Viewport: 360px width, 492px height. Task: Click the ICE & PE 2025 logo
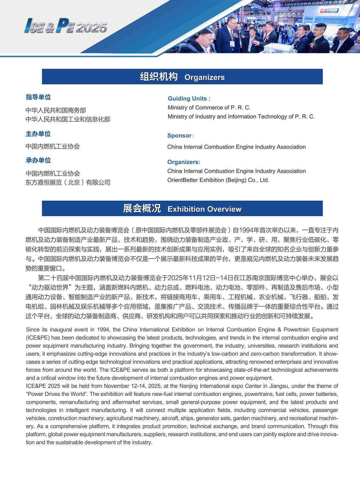pyautogui.click(x=66, y=26)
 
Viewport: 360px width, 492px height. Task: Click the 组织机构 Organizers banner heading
pyautogui.click(x=182, y=77)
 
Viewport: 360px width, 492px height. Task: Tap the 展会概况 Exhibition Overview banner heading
pyautogui.click(x=182, y=209)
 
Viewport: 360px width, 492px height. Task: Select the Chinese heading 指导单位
pyautogui.click(x=38, y=97)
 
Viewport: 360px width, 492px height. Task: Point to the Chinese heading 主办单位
pyautogui.click(x=38, y=134)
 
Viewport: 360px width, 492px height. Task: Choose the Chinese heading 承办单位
pyautogui.click(x=38, y=160)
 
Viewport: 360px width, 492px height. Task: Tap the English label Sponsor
pyautogui.click(x=179, y=136)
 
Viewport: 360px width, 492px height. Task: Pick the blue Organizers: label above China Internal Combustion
pyautogui.click(x=184, y=162)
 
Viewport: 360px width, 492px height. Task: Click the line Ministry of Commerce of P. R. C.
pyautogui.click(x=209, y=108)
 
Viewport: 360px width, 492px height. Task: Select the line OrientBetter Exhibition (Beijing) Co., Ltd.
pyautogui.click(x=218, y=180)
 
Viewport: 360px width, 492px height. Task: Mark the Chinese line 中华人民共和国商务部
pyautogui.click(x=56, y=110)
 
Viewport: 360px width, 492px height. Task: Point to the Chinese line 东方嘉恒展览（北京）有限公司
pyautogui.click(x=68, y=182)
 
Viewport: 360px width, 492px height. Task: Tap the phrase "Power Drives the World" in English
pyautogui.click(x=56, y=394)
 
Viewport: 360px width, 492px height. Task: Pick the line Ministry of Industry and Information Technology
pyautogui.click(x=241, y=117)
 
